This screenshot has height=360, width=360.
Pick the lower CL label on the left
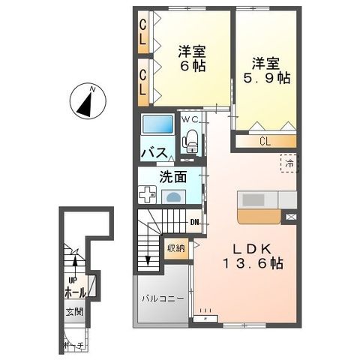pos(142,79)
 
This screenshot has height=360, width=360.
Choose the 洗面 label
pos(172,178)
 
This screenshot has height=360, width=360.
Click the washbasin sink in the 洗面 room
pos(174,196)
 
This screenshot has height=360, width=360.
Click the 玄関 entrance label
pos(73,310)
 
